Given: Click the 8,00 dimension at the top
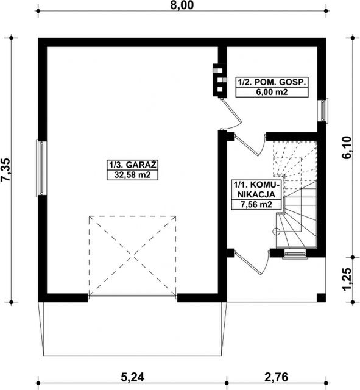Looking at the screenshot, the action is pos(182,5).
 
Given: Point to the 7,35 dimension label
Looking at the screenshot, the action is pos(5,169).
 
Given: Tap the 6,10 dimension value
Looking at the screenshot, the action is pos(347,147).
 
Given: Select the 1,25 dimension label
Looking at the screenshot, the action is pos(347,279).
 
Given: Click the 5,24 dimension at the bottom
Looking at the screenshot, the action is pos(133,377).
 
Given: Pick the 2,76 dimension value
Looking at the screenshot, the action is pos(277,377).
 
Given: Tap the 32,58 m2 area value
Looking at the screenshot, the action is pos(133,175).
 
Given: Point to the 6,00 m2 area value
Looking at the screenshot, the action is pos(272,92).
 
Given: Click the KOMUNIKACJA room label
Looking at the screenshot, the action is pos(256,190).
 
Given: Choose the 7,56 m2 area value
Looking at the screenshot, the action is pos(256,205).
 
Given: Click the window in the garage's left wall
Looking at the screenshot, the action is pos(41,168).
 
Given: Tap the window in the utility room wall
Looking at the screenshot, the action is pos(323,110).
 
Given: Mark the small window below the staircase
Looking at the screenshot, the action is pos(294,254).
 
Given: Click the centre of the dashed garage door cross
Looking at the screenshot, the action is pos(133,256).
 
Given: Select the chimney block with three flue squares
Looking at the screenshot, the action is pos(219,80).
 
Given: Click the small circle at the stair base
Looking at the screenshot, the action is pos(276,232).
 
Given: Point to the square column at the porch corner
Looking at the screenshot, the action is pos(321,298).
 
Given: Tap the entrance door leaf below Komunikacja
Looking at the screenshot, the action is pos(248,263).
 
